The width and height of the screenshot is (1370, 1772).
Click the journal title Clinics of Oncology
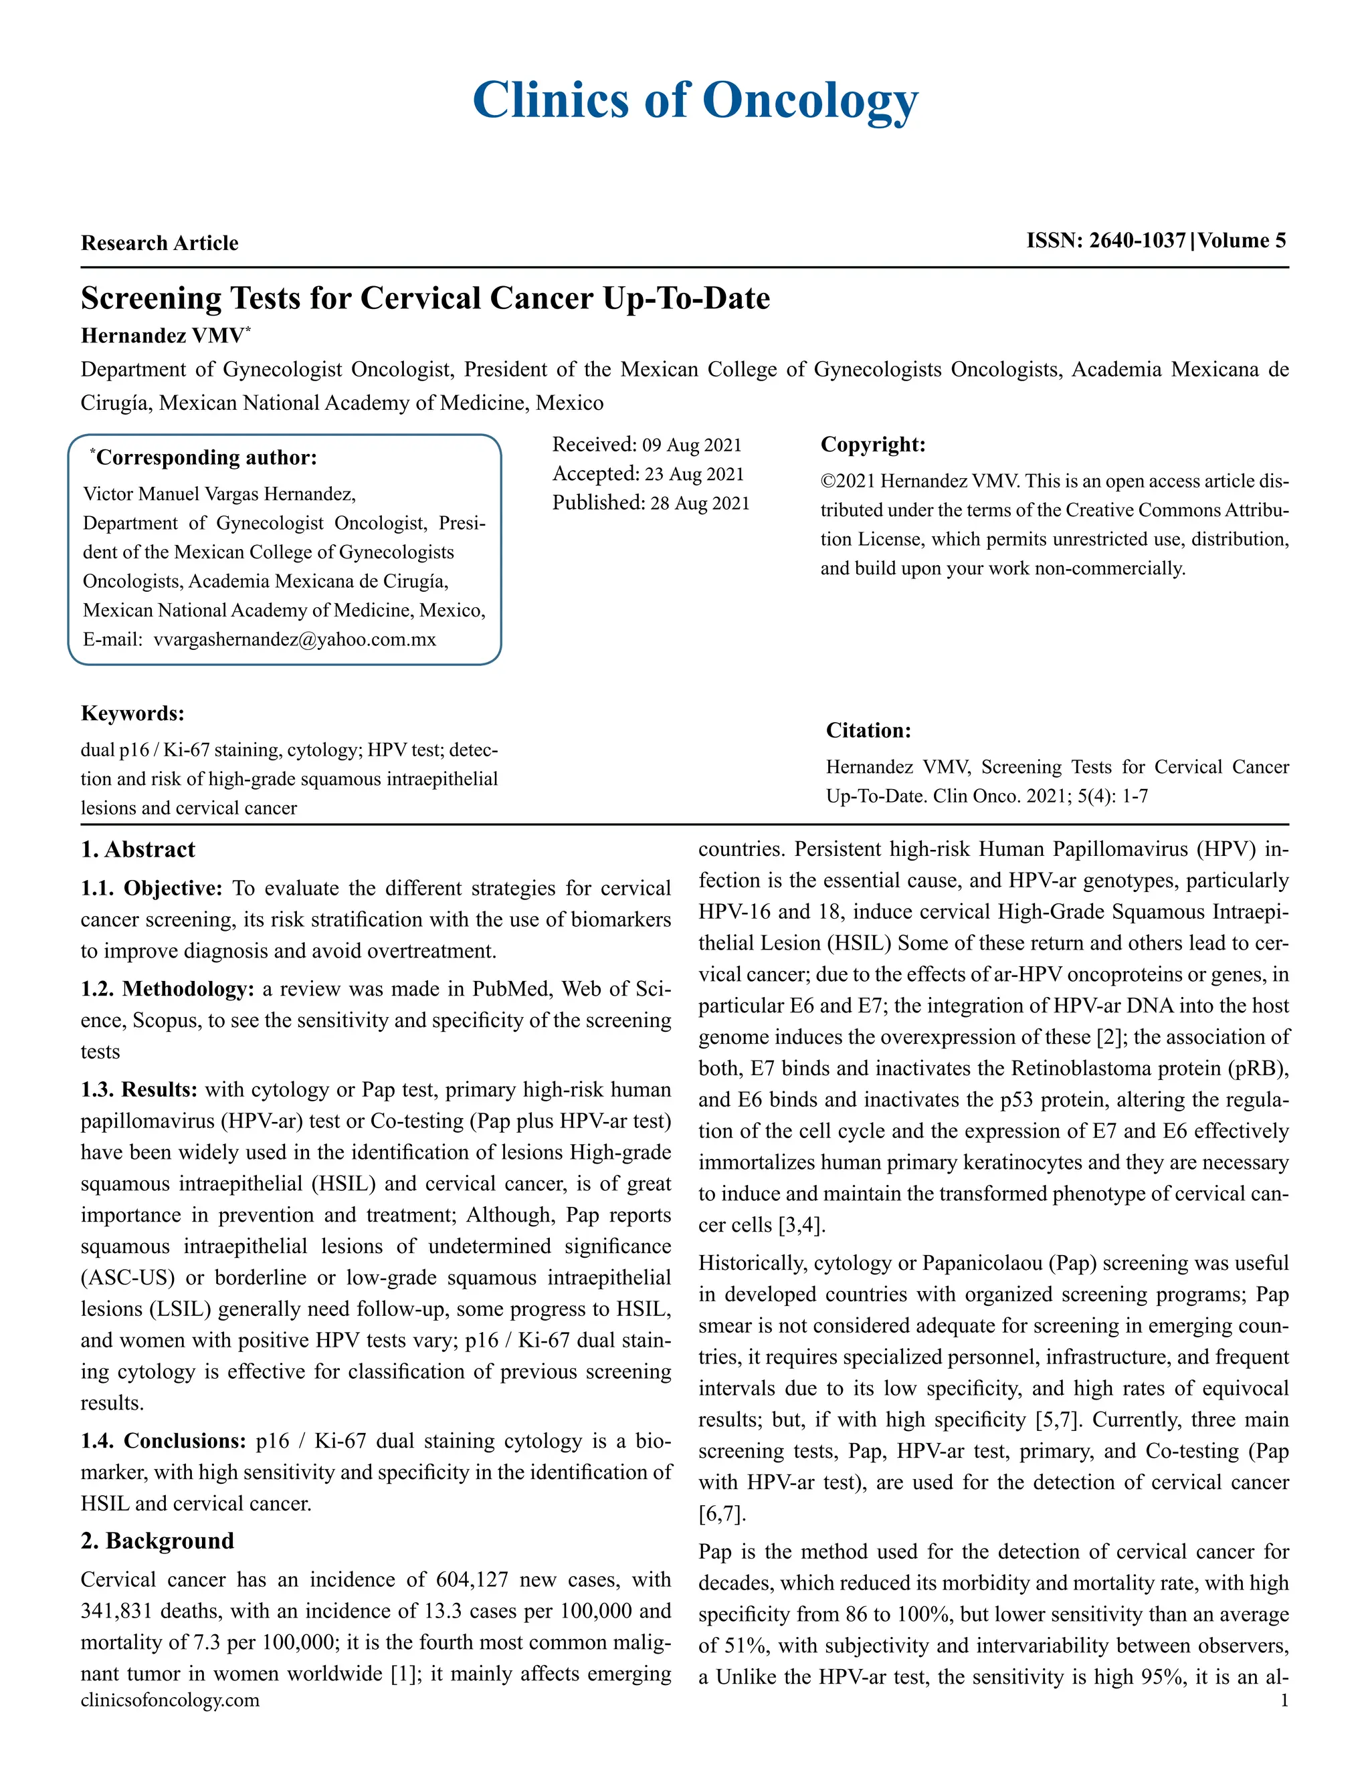(695, 100)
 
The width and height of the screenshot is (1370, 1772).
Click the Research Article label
(159, 243)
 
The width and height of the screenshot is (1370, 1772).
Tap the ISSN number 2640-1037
(1137, 240)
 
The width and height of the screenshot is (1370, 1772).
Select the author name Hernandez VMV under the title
(163, 336)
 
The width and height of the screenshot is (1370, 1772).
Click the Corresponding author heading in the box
(206, 457)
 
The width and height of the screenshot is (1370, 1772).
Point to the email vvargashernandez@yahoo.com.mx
(294, 639)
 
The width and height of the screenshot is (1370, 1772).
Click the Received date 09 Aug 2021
(692, 445)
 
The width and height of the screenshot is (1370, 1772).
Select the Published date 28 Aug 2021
(700, 503)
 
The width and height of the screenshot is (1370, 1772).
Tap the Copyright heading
(872, 445)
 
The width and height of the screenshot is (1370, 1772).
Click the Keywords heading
(132, 713)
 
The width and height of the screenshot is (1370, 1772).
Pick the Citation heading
(868, 730)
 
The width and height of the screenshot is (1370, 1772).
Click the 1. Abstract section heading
(138, 849)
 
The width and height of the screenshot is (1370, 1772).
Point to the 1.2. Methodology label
(167, 989)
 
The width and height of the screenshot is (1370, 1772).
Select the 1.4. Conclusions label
(163, 1441)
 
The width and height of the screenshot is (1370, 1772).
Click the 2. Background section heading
(157, 1541)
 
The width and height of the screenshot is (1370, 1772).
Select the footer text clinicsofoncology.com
(170, 1700)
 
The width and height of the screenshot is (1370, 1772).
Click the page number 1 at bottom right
(1284, 1700)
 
